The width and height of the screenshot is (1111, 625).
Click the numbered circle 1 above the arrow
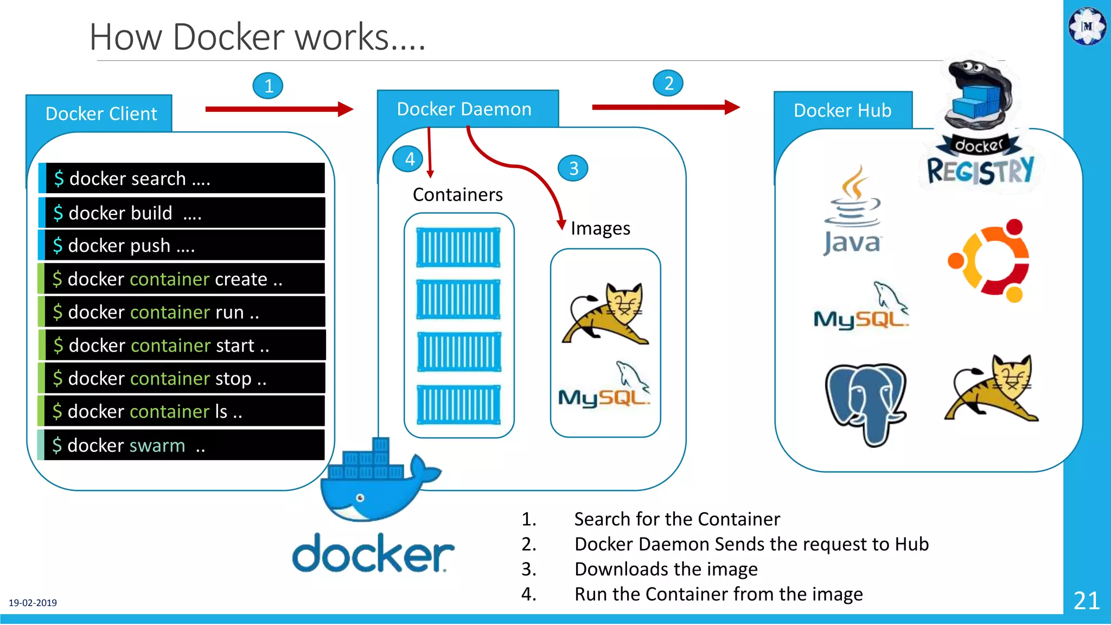pos(268,86)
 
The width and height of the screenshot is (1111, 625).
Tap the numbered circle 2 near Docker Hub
pos(668,83)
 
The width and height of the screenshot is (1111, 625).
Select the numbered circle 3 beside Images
pos(573,169)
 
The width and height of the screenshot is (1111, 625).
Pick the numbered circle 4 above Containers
pos(410,159)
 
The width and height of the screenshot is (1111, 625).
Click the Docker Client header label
pos(101,114)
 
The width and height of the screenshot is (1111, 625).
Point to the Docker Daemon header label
pos(464,109)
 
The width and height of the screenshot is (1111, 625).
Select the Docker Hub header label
pos(842,111)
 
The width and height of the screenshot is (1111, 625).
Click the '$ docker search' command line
pos(184,178)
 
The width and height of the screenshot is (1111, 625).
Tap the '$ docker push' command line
pos(184,246)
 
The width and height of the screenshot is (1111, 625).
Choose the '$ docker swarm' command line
pos(184,445)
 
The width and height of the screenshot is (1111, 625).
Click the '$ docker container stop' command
pos(184,379)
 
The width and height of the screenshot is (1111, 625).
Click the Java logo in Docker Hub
pos(852,212)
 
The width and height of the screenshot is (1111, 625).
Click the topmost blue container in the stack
pos(458,247)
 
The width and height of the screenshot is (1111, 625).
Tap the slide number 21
pos(1087,601)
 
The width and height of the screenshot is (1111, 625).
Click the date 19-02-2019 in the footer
pos(33,603)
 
